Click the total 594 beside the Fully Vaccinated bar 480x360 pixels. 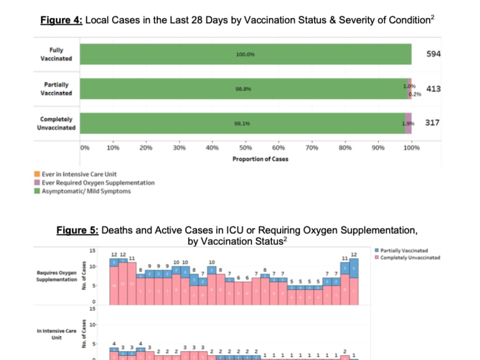click(433, 54)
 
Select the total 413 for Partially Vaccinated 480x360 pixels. click(433, 89)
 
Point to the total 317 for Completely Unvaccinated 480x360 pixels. click(433, 123)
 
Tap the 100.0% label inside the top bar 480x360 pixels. click(245, 54)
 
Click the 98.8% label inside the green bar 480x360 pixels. click(243, 89)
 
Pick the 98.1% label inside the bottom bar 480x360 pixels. click(242, 123)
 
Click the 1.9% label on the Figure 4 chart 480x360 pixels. click(407, 123)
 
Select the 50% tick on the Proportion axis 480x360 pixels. click(245, 148)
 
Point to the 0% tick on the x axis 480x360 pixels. click(84, 148)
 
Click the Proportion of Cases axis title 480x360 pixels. click(260, 159)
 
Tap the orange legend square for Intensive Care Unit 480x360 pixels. click(36, 174)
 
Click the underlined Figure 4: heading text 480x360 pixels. click(61, 20)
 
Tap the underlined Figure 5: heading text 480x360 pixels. click(77, 230)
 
